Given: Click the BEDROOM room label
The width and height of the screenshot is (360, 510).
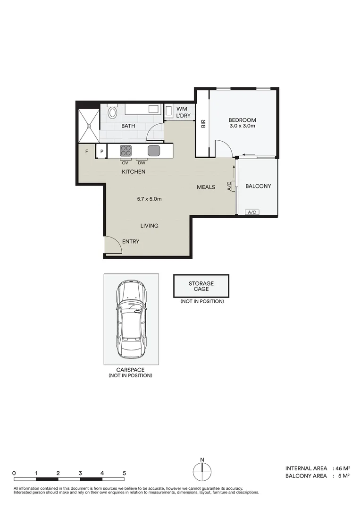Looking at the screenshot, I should pyautogui.click(x=242, y=120).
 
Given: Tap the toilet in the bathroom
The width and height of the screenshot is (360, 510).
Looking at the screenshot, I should pyautogui.click(x=112, y=112).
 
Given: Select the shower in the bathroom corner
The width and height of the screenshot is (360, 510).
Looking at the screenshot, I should pyautogui.click(x=88, y=125).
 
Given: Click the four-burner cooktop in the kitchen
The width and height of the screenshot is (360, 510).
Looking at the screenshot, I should pyautogui.click(x=126, y=151).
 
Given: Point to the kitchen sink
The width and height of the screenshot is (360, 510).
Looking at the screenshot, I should pyautogui.click(x=154, y=151).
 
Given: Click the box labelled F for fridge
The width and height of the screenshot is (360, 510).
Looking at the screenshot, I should pyautogui.click(x=87, y=152).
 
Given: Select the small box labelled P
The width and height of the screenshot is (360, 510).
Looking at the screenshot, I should pyautogui.click(x=101, y=152).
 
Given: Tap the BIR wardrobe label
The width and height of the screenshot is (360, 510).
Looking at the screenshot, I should pyautogui.click(x=203, y=124).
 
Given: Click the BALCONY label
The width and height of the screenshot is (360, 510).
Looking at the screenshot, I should pyautogui.click(x=258, y=186).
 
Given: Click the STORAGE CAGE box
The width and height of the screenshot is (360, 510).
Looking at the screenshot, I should pyautogui.click(x=201, y=286).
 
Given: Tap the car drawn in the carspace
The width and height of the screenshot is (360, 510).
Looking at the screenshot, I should pyautogui.click(x=132, y=319).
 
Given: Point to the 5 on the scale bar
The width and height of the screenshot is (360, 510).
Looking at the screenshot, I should pyautogui.click(x=124, y=473).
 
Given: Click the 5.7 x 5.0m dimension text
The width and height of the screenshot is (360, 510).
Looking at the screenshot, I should pyautogui.click(x=149, y=199).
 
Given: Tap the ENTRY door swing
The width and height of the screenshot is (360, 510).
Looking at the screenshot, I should pyautogui.click(x=112, y=244).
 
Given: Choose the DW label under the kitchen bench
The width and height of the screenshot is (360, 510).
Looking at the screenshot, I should pyautogui.click(x=142, y=163).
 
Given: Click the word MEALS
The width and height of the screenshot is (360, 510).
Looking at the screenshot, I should pyautogui.click(x=206, y=187).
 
